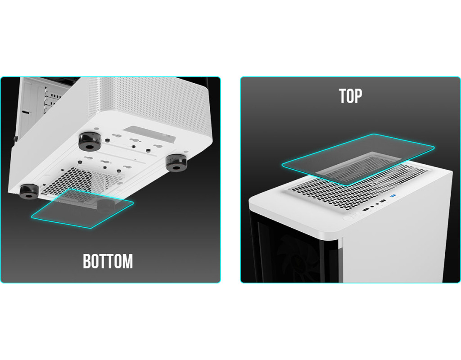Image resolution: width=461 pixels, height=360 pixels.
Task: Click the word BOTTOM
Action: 108,261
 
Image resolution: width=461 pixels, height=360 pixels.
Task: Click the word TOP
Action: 350,96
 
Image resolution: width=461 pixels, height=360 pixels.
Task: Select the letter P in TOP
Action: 358,96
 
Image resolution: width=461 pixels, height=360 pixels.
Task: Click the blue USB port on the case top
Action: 393,196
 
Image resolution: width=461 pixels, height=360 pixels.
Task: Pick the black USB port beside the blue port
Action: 383,201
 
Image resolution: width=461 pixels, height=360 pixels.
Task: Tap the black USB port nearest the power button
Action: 366,210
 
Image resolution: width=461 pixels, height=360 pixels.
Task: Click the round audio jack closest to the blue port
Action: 377,204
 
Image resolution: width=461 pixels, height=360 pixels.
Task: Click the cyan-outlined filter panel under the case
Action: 82,208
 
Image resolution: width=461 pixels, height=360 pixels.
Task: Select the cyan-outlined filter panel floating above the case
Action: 358,160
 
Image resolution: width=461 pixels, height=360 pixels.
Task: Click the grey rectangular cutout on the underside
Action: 149,134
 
